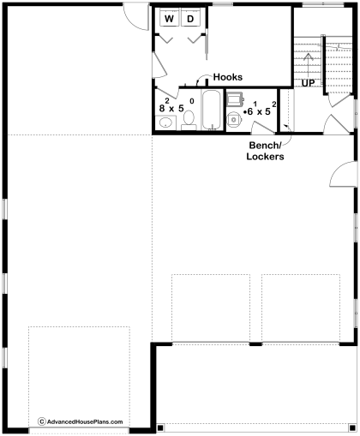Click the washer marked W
(x=169, y=18)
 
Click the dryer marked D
(x=190, y=18)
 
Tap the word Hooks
(x=228, y=77)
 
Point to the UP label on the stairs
(x=309, y=83)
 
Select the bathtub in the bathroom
(x=212, y=110)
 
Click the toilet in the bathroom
(x=189, y=121)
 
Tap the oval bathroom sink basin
(x=165, y=123)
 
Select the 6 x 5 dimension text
(x=260, y=109)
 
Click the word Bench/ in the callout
(x=265, y=146)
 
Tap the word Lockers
(x=265, y=157)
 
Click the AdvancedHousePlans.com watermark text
(x=85, y=421)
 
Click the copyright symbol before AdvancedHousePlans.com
(x=42, y=421)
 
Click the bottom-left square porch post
(x=160, y=427)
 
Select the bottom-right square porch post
(x=352, y=427)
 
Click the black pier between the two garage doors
(x=255, y=344)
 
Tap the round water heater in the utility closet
(x=234, y=120)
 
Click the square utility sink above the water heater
(x=235, y=99)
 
